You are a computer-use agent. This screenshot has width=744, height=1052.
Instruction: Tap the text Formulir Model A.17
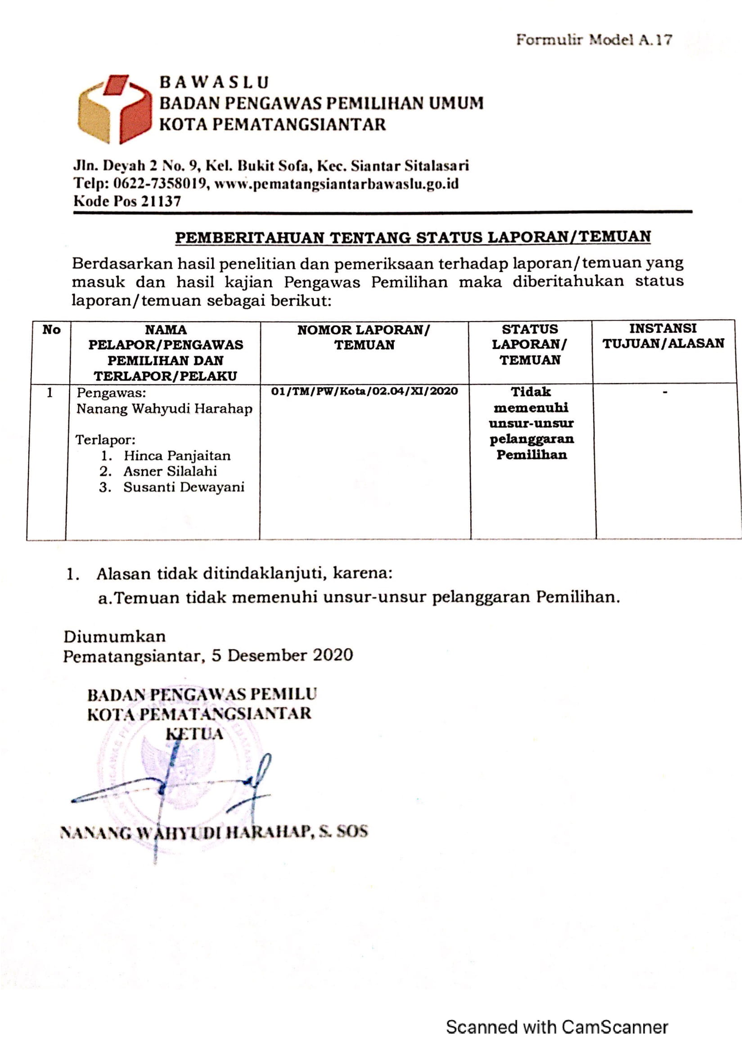[x=594, y=40]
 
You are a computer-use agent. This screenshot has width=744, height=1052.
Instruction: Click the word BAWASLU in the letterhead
[x=214, y=82]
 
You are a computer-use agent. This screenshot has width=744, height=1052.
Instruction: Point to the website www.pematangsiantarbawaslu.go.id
[x=337, y=184]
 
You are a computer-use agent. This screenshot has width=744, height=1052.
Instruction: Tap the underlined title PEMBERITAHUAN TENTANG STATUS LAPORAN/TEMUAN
[x=413, y=237]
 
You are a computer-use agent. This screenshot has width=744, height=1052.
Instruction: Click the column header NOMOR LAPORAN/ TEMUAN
[x=364, y=337]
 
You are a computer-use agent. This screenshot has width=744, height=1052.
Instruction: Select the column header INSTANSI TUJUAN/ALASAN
[x=663, y=336]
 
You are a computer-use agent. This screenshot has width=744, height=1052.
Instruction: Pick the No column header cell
[x=51, y=330]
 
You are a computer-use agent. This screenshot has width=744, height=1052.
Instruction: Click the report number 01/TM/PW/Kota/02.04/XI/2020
[x=365, y=391]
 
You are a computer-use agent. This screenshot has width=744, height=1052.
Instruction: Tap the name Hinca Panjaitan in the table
[x=177, y=456]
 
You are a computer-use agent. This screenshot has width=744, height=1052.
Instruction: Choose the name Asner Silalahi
[x=170, y=471]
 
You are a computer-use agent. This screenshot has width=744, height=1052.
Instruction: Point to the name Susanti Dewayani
[x=184, y=487]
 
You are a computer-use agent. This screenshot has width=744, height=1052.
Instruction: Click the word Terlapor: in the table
[x=105, y=440]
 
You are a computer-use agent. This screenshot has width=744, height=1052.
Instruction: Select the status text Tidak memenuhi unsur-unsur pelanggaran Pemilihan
[x=531, y=423]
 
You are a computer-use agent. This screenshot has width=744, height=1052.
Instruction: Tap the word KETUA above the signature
[x=194, y=734]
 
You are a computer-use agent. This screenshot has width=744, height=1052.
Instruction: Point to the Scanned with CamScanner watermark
[x=556, y=1027]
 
